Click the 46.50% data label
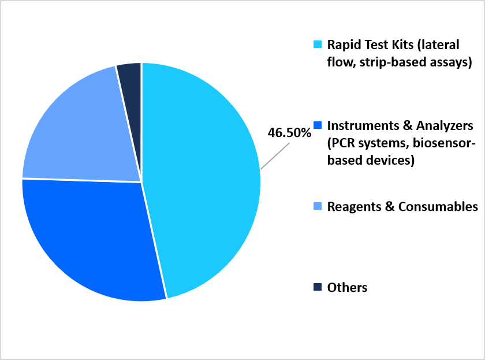289,133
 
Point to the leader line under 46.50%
275,156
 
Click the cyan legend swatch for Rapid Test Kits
318,44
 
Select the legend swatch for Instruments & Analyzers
318,125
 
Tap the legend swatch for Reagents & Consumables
318,206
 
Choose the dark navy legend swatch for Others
318,287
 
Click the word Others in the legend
348,288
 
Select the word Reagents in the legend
354,207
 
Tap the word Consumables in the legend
438,207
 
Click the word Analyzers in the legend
445,126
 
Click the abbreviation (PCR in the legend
341,143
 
